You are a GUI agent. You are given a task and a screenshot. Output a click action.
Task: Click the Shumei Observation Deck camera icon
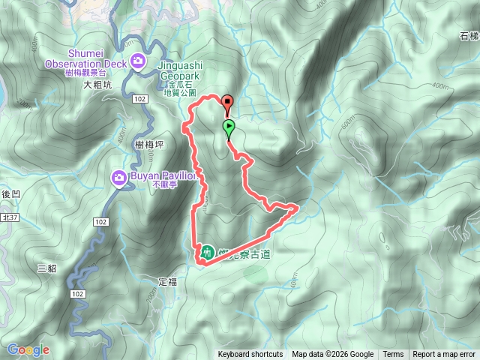pos(138,61)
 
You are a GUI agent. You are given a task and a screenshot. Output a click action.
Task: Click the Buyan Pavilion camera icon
pos(119,178)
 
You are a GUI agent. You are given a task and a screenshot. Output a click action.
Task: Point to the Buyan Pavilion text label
pos(163,174)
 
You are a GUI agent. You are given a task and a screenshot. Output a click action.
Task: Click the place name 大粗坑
pos(97,85)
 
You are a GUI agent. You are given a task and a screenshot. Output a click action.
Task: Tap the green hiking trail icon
pos(206,251)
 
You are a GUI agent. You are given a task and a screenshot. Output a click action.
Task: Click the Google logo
pos(28,349)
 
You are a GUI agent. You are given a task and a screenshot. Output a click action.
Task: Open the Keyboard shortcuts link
pos(250,355)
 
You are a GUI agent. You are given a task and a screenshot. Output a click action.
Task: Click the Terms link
pos(393,355)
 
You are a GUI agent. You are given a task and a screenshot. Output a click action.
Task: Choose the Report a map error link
pos(445,355)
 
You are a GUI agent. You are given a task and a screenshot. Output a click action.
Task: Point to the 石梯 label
pos(468,36)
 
